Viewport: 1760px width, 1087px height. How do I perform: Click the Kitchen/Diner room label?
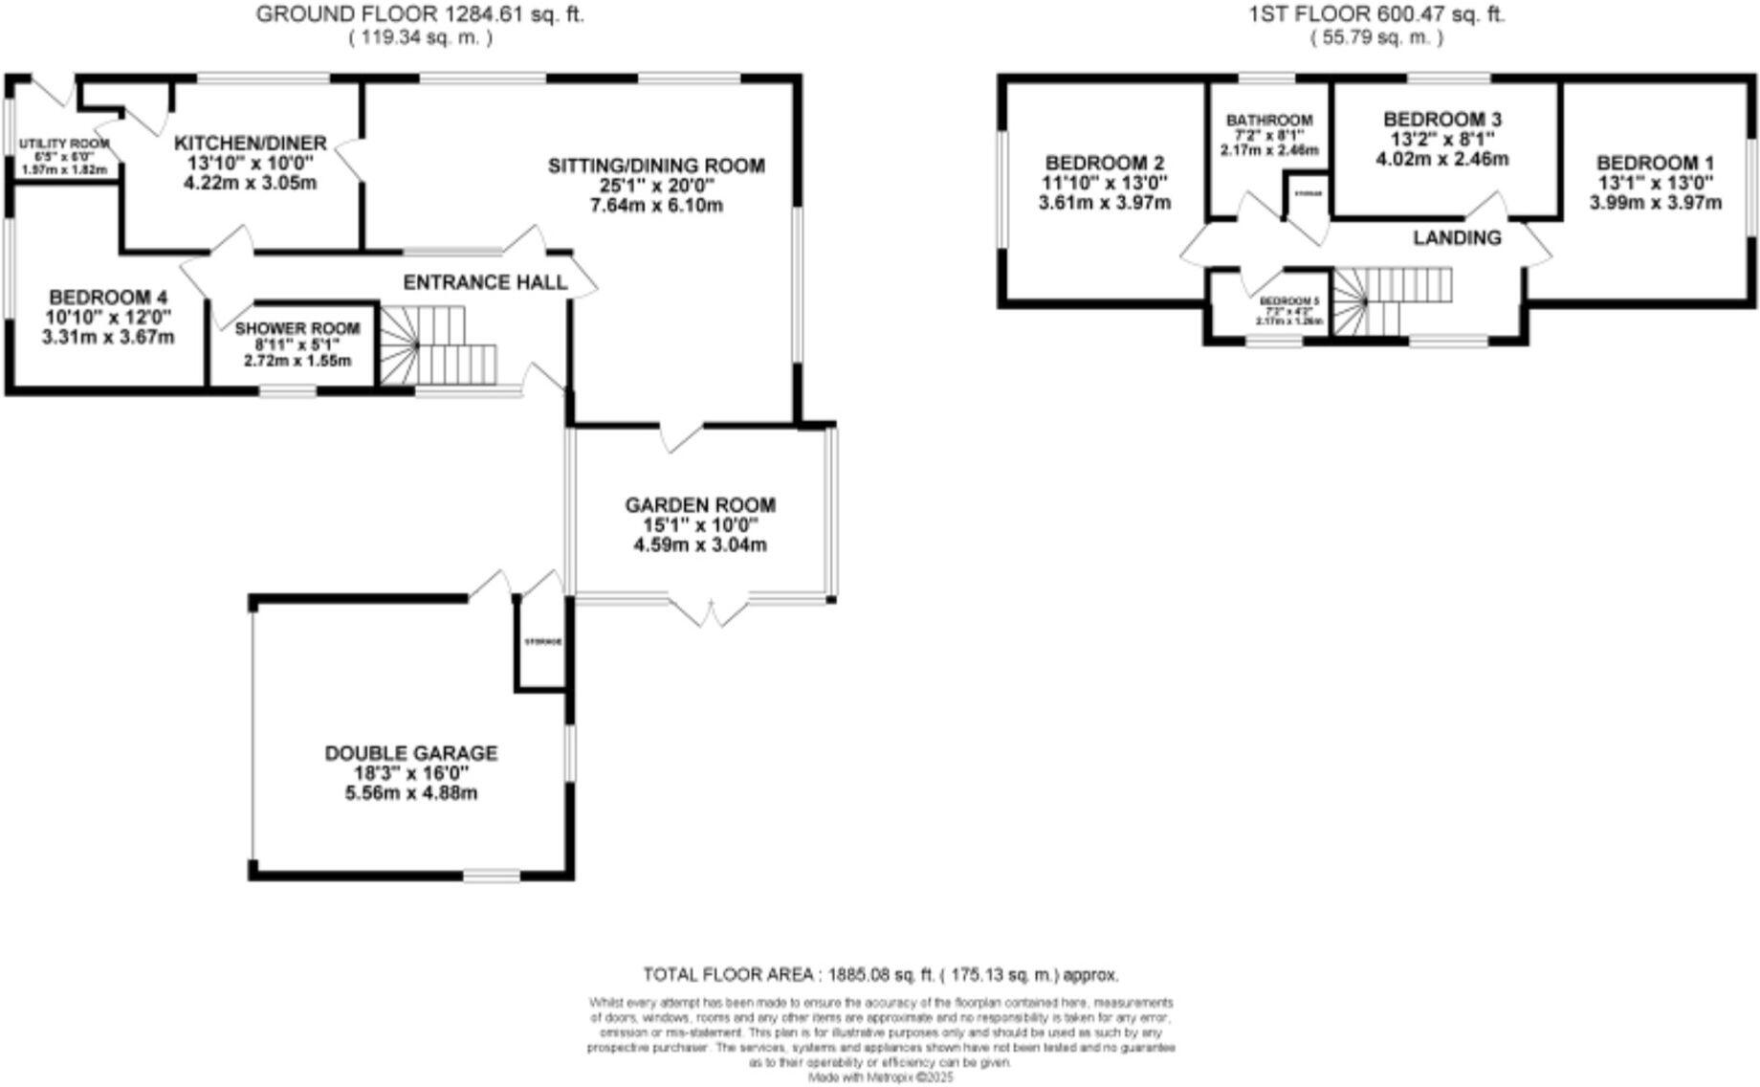251,144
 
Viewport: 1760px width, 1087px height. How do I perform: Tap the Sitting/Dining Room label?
656,166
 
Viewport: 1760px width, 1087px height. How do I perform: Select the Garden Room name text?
700,505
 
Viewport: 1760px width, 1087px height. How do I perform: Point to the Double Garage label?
411,754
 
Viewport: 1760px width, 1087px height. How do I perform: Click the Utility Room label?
64,144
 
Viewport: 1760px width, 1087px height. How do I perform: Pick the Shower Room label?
297,328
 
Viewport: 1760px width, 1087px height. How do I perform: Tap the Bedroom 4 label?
101,298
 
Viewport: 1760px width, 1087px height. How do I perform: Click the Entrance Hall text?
485,283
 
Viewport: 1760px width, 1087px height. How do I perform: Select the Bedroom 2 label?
1104,163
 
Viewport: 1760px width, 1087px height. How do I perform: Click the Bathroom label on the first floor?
1269,121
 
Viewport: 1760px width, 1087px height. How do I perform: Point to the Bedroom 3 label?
1442,120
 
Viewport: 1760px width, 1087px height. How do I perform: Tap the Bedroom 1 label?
1655,163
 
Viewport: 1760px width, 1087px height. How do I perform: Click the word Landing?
1457,237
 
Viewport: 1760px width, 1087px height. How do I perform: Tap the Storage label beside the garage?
542,642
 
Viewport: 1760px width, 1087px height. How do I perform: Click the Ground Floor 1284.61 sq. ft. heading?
421,14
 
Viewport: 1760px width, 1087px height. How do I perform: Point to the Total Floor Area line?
880,975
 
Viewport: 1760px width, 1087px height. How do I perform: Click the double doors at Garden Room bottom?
709,610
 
